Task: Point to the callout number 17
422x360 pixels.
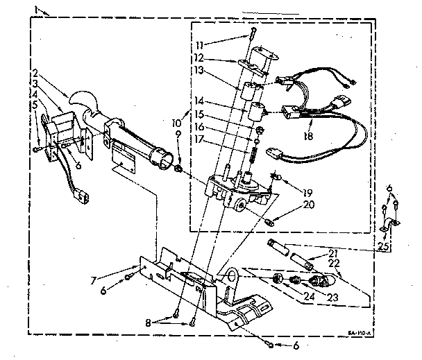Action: coord(219,139)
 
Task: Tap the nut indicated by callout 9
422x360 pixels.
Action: coord(179,168)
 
